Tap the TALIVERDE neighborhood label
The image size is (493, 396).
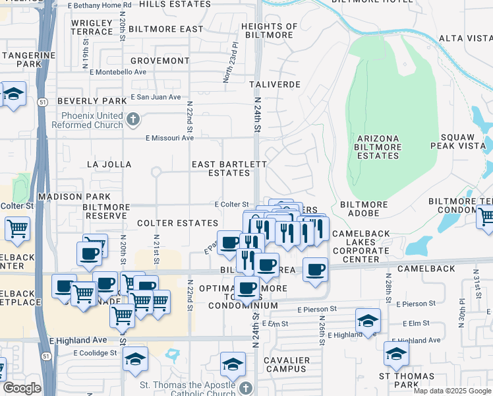click(275, 84)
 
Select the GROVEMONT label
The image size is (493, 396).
click(159, 61)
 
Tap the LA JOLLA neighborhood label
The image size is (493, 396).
click(109, 164)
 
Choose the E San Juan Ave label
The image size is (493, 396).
click(156, 97)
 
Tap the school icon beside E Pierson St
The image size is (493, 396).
click(368, 321)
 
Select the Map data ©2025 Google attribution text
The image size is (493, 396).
click(452, 391)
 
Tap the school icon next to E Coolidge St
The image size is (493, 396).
click(134, 358)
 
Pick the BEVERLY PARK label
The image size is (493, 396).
click(92, 101)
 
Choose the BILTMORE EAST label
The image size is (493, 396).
click(166, 29)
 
